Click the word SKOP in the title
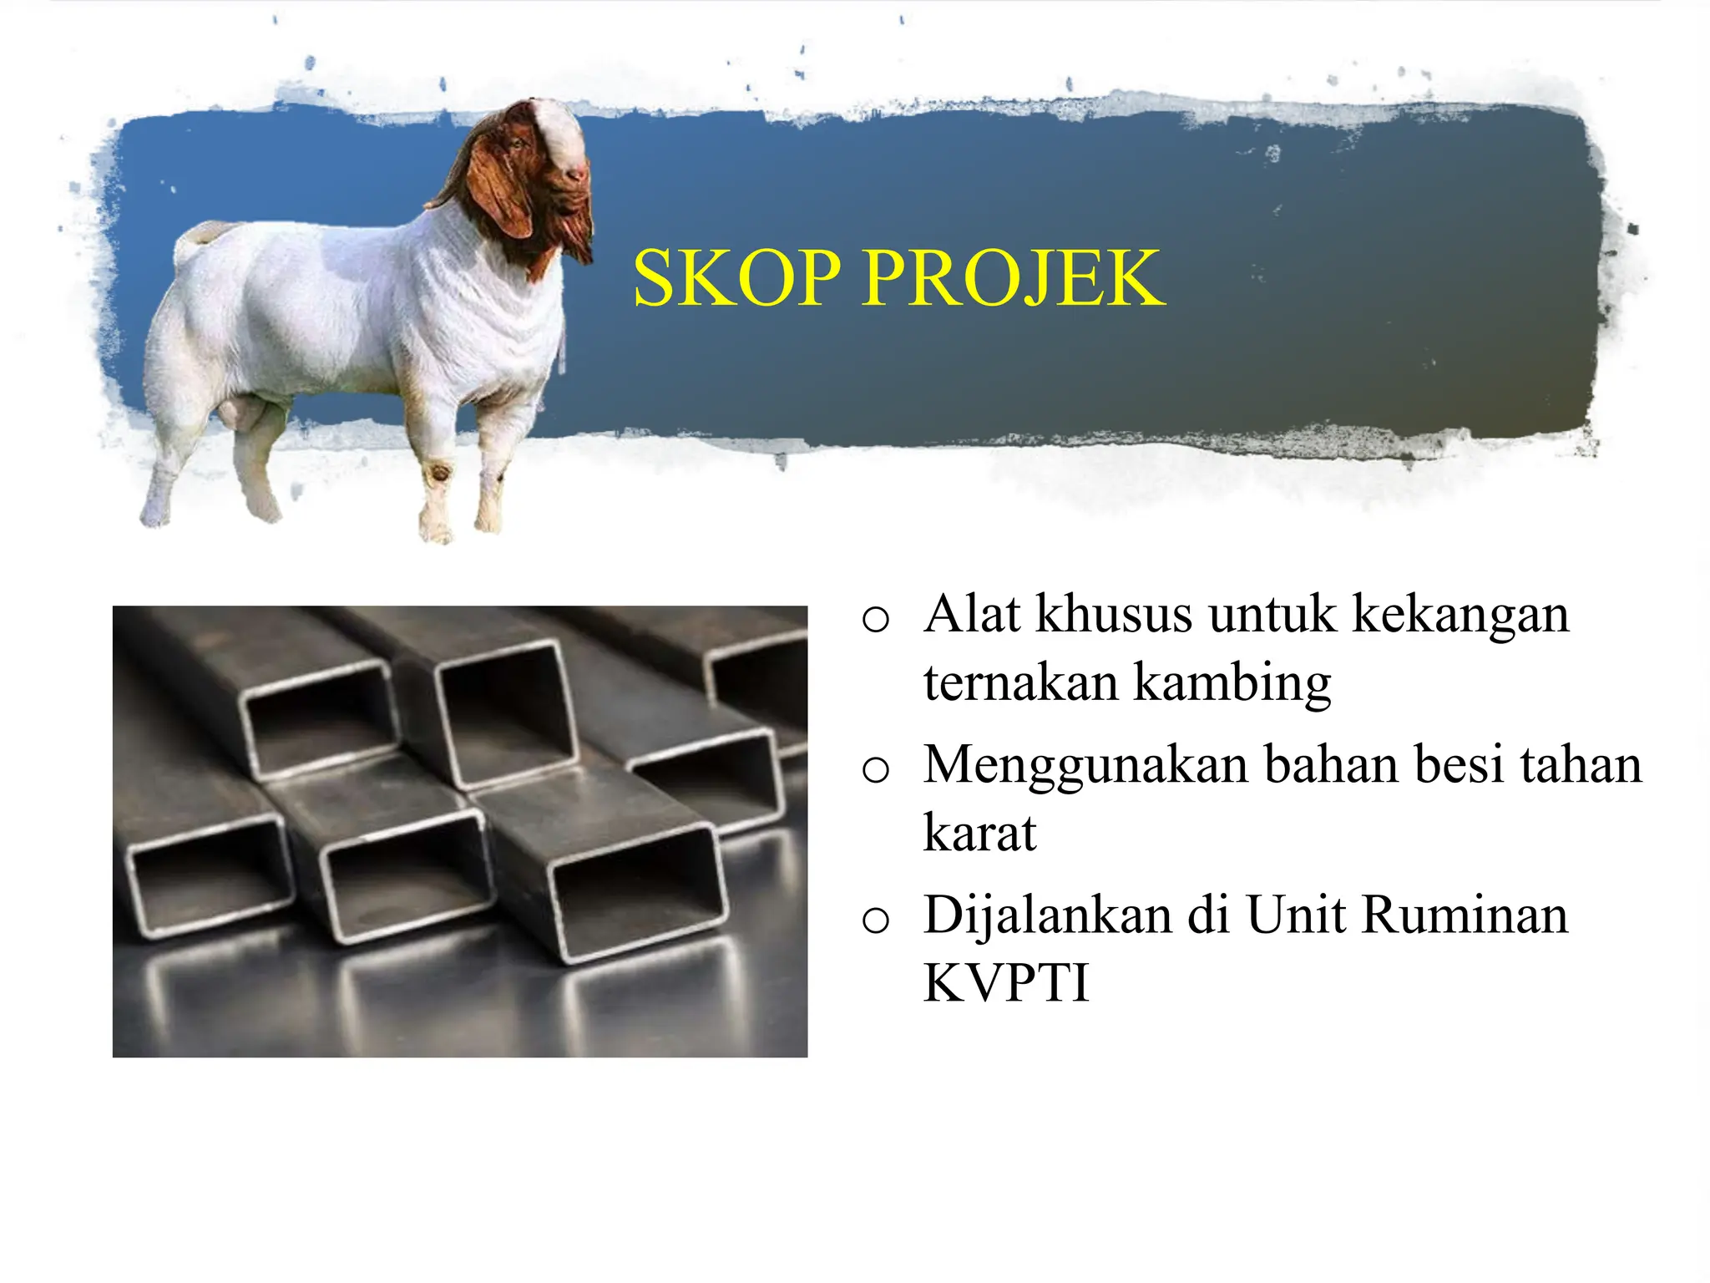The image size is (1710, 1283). (x=736, y=278)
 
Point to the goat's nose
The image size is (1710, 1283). (x=576, y=174)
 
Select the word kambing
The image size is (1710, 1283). (x=1232, y=683)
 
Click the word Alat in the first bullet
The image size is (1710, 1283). (x=972, y=614)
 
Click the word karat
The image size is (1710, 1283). (x=979, y=833)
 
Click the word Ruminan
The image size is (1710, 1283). (x=1465, y=915)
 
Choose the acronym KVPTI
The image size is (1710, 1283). (x=1006, y=982)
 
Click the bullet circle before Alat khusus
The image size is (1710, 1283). (x=875, y=620)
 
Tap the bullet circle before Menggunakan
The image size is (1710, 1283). (x=875, y=769)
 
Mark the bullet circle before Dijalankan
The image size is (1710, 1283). (x=875, y=920)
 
